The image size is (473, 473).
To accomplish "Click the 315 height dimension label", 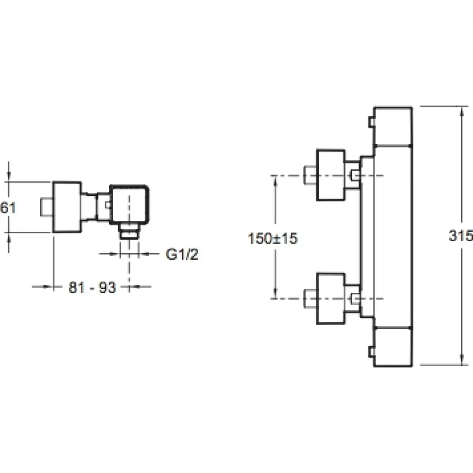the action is coord(461,235).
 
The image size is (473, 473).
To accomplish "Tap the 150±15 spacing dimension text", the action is coord(273,238).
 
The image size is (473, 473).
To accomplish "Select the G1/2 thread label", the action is coord(182,254).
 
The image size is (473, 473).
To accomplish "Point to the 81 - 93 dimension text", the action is coord(92,287).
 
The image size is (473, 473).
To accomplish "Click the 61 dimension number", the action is coord(8,208).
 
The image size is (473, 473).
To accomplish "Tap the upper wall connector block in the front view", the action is coord(331,175).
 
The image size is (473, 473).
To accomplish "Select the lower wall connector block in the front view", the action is coord(331,298).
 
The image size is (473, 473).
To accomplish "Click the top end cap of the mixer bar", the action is coord(393,126).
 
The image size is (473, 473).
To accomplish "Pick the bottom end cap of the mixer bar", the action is coord(393,346).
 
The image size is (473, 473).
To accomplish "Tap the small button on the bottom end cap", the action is coord(371,352).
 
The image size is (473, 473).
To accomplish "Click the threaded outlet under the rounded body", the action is coord(129,231).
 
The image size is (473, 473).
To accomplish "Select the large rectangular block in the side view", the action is coord(67,207).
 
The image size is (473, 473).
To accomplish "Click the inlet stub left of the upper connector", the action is coord(310,175).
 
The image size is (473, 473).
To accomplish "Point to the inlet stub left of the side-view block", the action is coord(46,207).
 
